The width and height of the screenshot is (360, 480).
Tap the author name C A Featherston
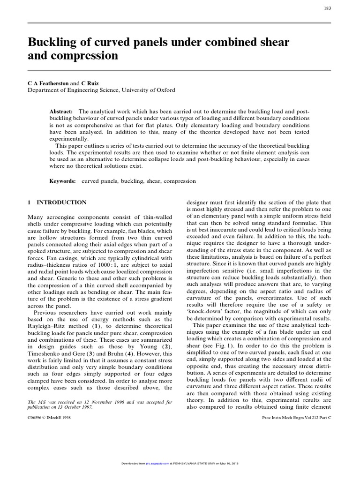tap(48, 82)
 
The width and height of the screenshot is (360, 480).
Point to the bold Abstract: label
tap(61, 112)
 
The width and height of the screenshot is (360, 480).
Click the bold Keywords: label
tap(63, 180)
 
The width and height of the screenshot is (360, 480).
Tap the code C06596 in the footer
tap(38, 416)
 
